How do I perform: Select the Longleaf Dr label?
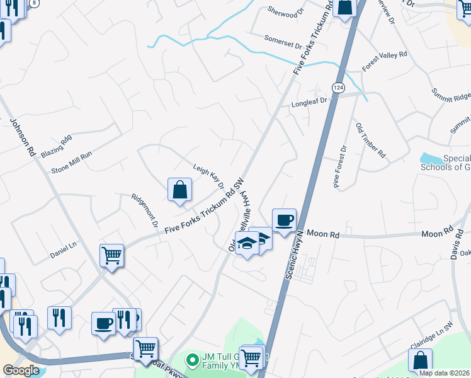click(309, 101)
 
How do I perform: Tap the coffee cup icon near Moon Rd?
click(284, 220)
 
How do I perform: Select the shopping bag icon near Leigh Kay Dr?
click(179, 189)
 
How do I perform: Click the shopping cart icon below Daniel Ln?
click(112, 256)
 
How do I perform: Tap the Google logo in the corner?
click(20, 370)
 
